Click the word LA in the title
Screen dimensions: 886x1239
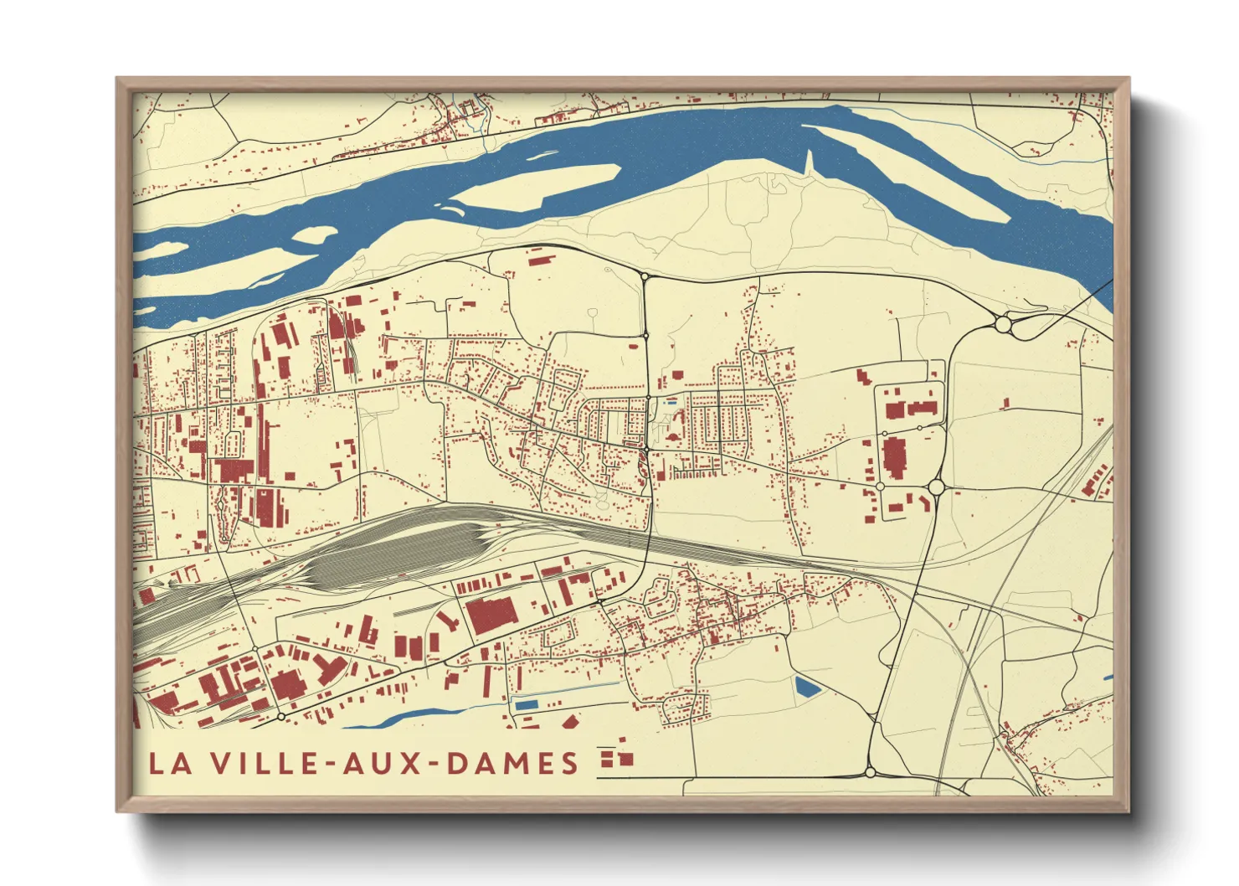click(167, 763)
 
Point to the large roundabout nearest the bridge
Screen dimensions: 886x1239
click(1003, 323)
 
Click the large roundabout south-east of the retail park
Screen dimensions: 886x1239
click(936, 487)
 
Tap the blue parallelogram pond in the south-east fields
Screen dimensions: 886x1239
click(807, 688)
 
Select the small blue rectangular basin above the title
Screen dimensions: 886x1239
click(525, 705)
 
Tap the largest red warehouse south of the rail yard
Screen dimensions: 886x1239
click(492, 616)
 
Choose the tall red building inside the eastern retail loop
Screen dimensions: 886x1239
click(894, 457)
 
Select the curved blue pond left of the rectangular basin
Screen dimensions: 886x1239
click(402, 718)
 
